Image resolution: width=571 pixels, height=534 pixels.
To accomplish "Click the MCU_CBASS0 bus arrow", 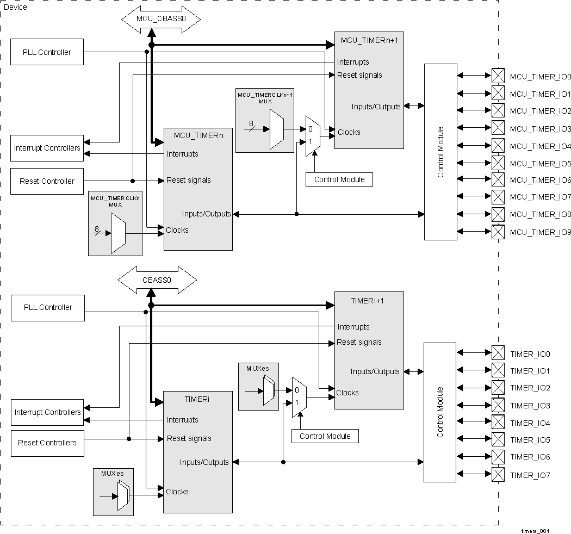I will click(x=160, y=20).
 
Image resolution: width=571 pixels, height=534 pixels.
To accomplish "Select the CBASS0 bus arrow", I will click(x=157, y=281).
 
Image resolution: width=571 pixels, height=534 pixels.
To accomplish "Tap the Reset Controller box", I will click(x=47, y=181).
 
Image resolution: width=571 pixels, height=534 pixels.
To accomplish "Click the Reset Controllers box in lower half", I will click(x=47, y=443).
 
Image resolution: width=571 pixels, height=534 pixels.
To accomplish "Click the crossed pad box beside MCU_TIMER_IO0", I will click(x=498, y=75).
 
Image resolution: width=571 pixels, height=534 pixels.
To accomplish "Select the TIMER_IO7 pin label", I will click(x=530, y=475).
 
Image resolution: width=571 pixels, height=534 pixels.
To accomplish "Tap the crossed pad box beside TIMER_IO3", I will click(x=498, y=405).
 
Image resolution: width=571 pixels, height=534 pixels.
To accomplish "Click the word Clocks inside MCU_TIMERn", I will click(x=177, y=230).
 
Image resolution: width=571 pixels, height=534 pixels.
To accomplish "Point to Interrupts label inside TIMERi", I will click(x=182, y=420).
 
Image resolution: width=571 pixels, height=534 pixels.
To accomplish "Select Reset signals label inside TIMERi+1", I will click(x=359, y=342).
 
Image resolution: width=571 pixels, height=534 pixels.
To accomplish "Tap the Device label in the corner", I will click(x=15, y=7).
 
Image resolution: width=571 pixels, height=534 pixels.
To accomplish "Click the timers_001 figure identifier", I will click(x=535, y=530).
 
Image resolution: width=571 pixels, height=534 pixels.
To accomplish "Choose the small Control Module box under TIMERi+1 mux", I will click(x=325, y=436).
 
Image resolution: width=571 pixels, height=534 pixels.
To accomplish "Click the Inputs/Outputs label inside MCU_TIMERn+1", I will click(x=376, y=107).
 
